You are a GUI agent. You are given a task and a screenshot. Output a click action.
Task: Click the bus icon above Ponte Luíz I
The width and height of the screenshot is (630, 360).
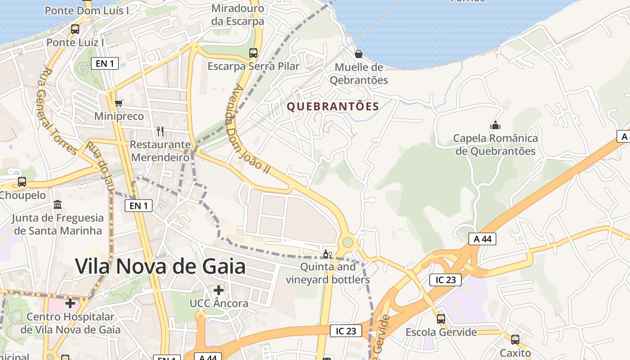point(75,29)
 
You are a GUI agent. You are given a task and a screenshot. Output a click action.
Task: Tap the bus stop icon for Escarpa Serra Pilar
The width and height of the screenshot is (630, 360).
point(253,53)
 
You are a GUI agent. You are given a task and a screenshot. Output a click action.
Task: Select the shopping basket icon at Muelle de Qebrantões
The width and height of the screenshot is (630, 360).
point(359,54)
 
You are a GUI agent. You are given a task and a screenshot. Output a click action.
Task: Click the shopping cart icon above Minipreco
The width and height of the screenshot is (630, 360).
point(119,103)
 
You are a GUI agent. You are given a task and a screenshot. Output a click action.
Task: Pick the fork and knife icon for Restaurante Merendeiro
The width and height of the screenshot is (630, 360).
point(160,131)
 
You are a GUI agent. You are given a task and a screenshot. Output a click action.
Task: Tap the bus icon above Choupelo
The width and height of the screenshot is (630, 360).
point(22,182)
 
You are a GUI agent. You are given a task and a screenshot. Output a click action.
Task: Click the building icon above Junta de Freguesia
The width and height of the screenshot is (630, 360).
point(58,205)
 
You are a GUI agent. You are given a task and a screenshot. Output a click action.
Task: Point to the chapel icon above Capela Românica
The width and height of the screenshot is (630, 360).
point(495,125)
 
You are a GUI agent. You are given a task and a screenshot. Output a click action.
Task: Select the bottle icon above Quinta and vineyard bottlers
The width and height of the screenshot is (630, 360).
point(328,254)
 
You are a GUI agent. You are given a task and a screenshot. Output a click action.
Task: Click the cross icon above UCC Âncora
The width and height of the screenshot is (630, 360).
point(219,290)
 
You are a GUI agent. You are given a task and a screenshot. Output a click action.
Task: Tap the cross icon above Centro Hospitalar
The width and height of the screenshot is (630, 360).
point(70,303)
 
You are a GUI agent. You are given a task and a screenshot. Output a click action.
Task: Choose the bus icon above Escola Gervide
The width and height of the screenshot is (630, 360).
point(441,319)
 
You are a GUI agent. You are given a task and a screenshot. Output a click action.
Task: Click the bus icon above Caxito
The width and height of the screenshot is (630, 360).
point(515,340)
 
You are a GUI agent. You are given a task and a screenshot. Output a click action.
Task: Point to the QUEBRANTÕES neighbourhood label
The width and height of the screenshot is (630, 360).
point(333,107)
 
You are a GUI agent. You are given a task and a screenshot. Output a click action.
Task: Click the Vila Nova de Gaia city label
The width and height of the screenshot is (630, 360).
point(160,266)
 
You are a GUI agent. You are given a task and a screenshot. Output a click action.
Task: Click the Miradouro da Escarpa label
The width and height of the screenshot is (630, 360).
point(238,14)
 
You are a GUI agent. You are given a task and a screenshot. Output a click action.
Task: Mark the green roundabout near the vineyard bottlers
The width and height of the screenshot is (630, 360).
point(347,243)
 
